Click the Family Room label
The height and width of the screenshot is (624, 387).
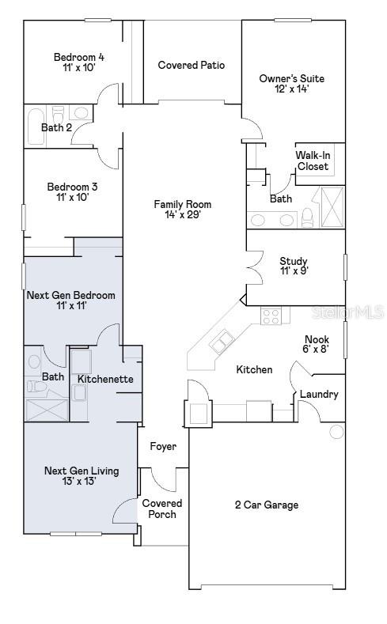pos(183,205)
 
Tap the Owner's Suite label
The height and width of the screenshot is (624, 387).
pos(292,78)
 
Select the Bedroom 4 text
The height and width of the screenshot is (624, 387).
pos(79,57)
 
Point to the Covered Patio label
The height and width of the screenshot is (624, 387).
pos(192,65)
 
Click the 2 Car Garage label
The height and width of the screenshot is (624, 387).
pos(267,505)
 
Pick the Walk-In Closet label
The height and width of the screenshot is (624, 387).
pos(313,161)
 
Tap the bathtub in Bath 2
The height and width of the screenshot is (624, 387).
pos(35,127)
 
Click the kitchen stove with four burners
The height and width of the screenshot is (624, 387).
pos(271,316)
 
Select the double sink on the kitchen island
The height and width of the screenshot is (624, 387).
pos(222,342)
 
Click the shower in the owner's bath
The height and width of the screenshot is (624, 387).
pos(332,207)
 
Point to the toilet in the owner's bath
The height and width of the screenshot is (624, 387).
pos(308,217)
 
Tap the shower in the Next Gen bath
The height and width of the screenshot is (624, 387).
pos(47,410)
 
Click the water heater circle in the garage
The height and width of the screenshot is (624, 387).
pos(337,432)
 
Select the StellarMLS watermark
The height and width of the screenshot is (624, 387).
pos(347,312)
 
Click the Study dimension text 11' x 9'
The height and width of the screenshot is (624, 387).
pos(294,271)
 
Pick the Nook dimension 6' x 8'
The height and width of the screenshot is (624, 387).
pos(317,350)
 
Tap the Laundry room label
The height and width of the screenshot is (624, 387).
pos(319,395)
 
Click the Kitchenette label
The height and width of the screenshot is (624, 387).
pos(105,379)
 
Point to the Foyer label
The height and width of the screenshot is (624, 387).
pos(163,447)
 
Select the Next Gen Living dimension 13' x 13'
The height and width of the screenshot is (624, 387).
pos(82,482)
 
